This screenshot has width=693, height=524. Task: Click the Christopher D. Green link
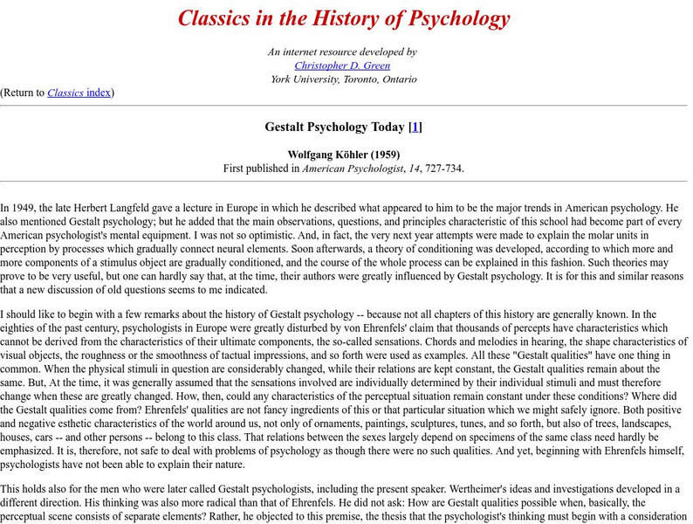click(342, 65)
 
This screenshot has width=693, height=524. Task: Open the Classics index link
click(79, 93)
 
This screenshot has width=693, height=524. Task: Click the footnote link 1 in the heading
click(416, 127)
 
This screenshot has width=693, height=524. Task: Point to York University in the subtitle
click(302, 79)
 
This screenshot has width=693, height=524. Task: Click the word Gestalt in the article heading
click(286, 127)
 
